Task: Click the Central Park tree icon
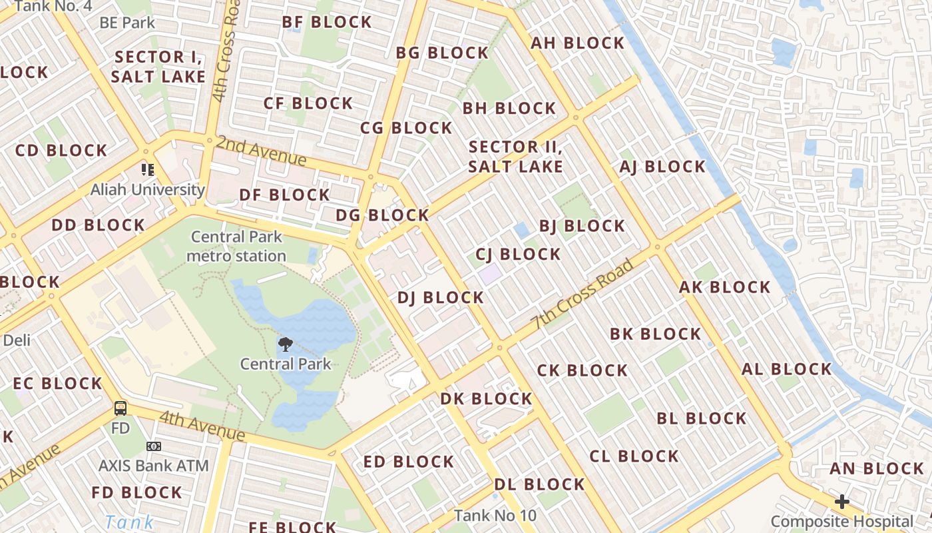click(x=286, y=344)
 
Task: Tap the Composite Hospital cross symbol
click(x=842, y=502)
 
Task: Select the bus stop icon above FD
click(x=120, y=408)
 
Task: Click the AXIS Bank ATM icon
click(x=154, y=446)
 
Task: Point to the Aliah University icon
click(x=147, y=170)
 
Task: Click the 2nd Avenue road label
click(x=261, y=151)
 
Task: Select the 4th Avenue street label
click(x=202, y=426)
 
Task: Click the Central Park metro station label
click(x=236, y=247)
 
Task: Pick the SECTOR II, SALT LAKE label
click(x=516, y=157)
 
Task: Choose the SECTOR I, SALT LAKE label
click(x=158, y=67)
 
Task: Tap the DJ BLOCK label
click(x=441, y=298)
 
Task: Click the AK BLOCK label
click(x=724, y=288)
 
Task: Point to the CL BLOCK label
click(x=634, y=456)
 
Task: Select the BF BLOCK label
click(x=327, y=22)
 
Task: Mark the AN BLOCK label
click(x=877, y=469)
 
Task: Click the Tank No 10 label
click(x=495, y=516)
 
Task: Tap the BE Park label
click(x=126, y=23)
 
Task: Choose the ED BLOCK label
click(x=409, y=462)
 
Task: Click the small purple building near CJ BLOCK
click(x=491, y=274)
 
